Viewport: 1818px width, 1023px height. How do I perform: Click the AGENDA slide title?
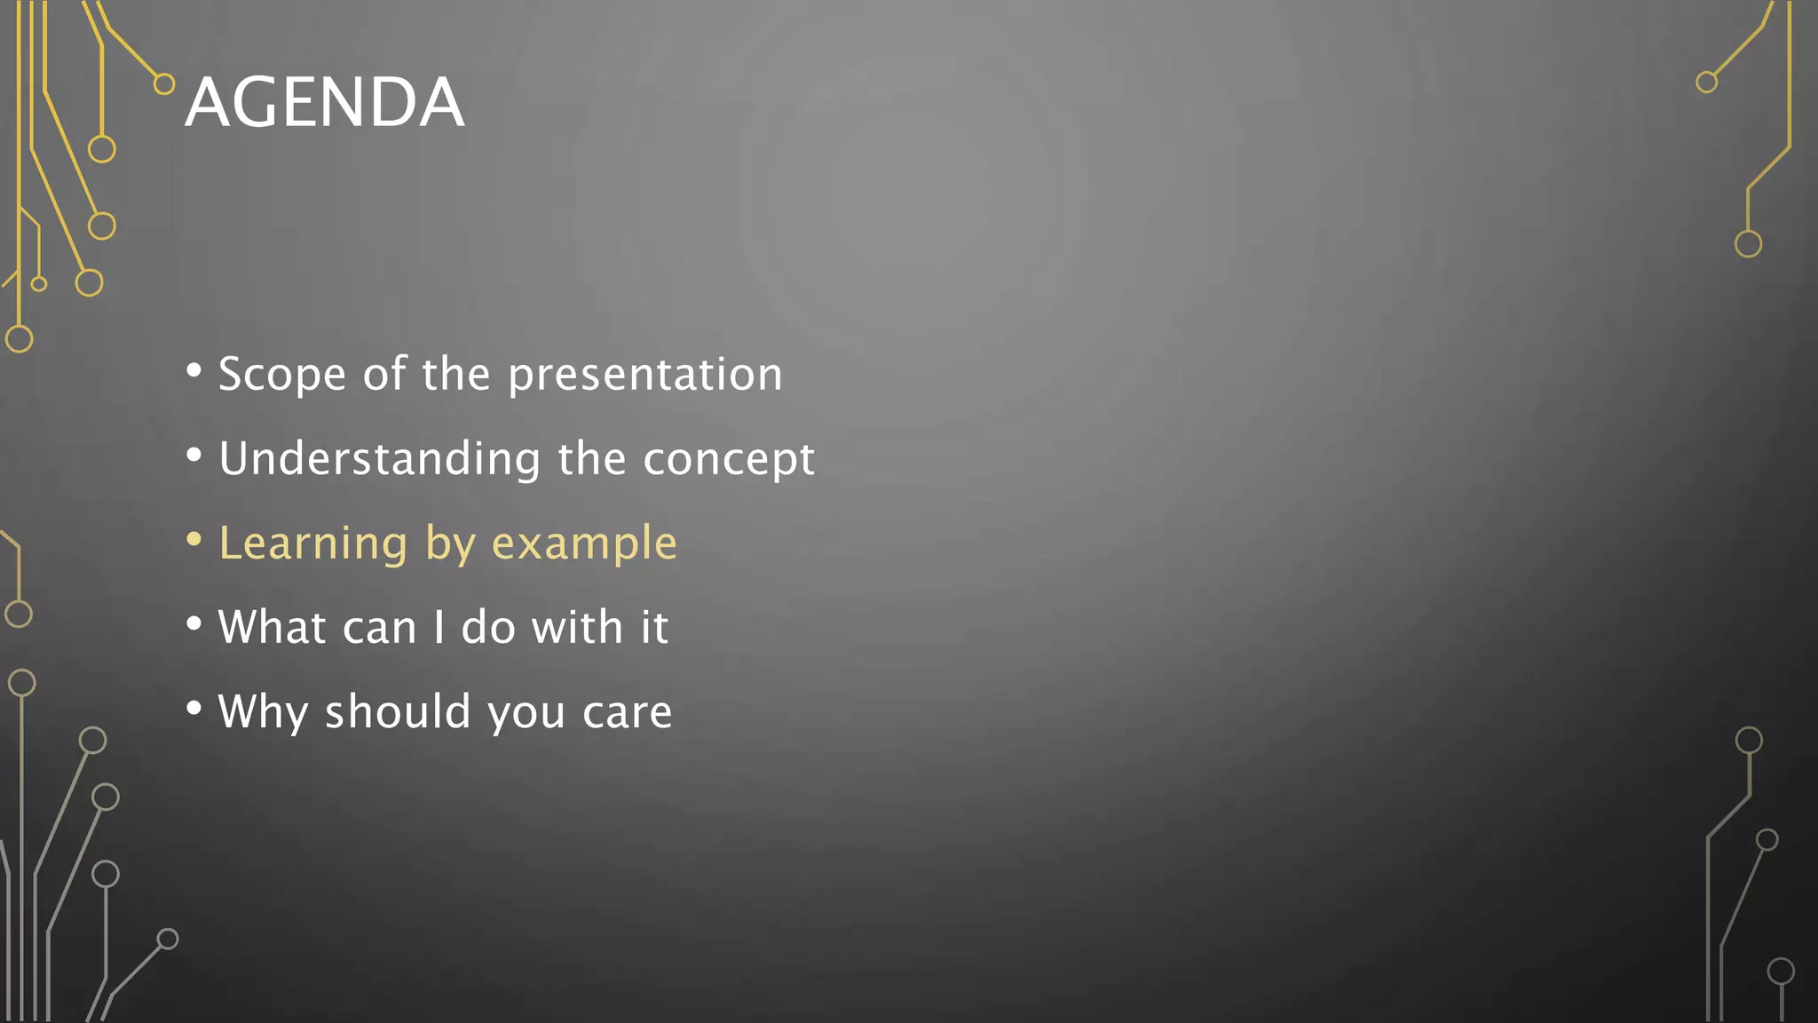click(x=324, y=102)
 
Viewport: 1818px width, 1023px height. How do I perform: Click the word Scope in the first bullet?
click(x=281, y=374)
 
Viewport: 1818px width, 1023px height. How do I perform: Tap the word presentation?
click(x=645, y=374)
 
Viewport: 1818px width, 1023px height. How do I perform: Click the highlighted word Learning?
click(x=312, y=543)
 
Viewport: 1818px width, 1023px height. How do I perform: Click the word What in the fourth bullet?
click(x=272, y=627)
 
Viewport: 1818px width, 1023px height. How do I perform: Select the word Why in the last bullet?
click(x=263, y=712)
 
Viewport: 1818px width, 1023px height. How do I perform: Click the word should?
click(x=397, y=711)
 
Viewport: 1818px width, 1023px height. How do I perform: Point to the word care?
click(x=627, y=712)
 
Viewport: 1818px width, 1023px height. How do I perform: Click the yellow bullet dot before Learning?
click(x=194, y=540)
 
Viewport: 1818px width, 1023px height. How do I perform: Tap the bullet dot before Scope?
click(x=194, y=370)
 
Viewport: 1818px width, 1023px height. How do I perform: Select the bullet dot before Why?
click(x=194, y=709)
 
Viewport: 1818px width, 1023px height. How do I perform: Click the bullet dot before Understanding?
click(x=194, y=456)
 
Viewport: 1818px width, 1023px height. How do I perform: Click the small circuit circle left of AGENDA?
click(x=164, y=84)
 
